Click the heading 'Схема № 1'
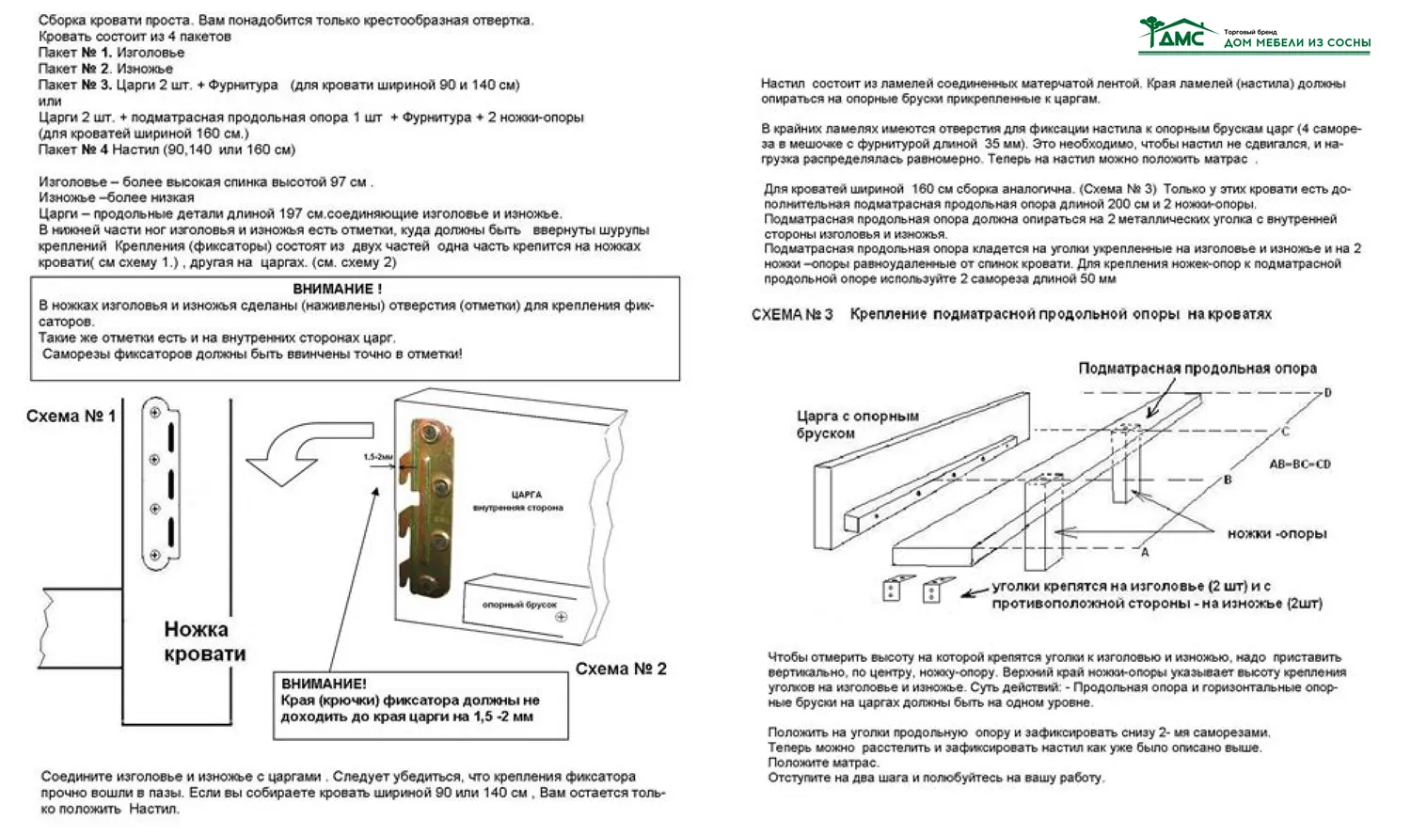pos(71,416)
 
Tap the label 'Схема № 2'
pos(621,669)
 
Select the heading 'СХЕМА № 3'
pos(792,314)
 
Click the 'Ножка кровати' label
pos(204,641)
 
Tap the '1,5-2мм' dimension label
pos(377,456)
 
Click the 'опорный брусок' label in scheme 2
pos(519,605)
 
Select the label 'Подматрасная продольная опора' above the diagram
pos(1197,369)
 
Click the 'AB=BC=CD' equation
pos(1300,465)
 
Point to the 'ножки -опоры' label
pos(1276,533)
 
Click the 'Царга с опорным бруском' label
pos(857,424)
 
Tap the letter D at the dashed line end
pos(1327,392)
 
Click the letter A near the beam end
pos(1145,551)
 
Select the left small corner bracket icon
pos(892,589)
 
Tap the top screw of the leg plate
pos(155,411)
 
